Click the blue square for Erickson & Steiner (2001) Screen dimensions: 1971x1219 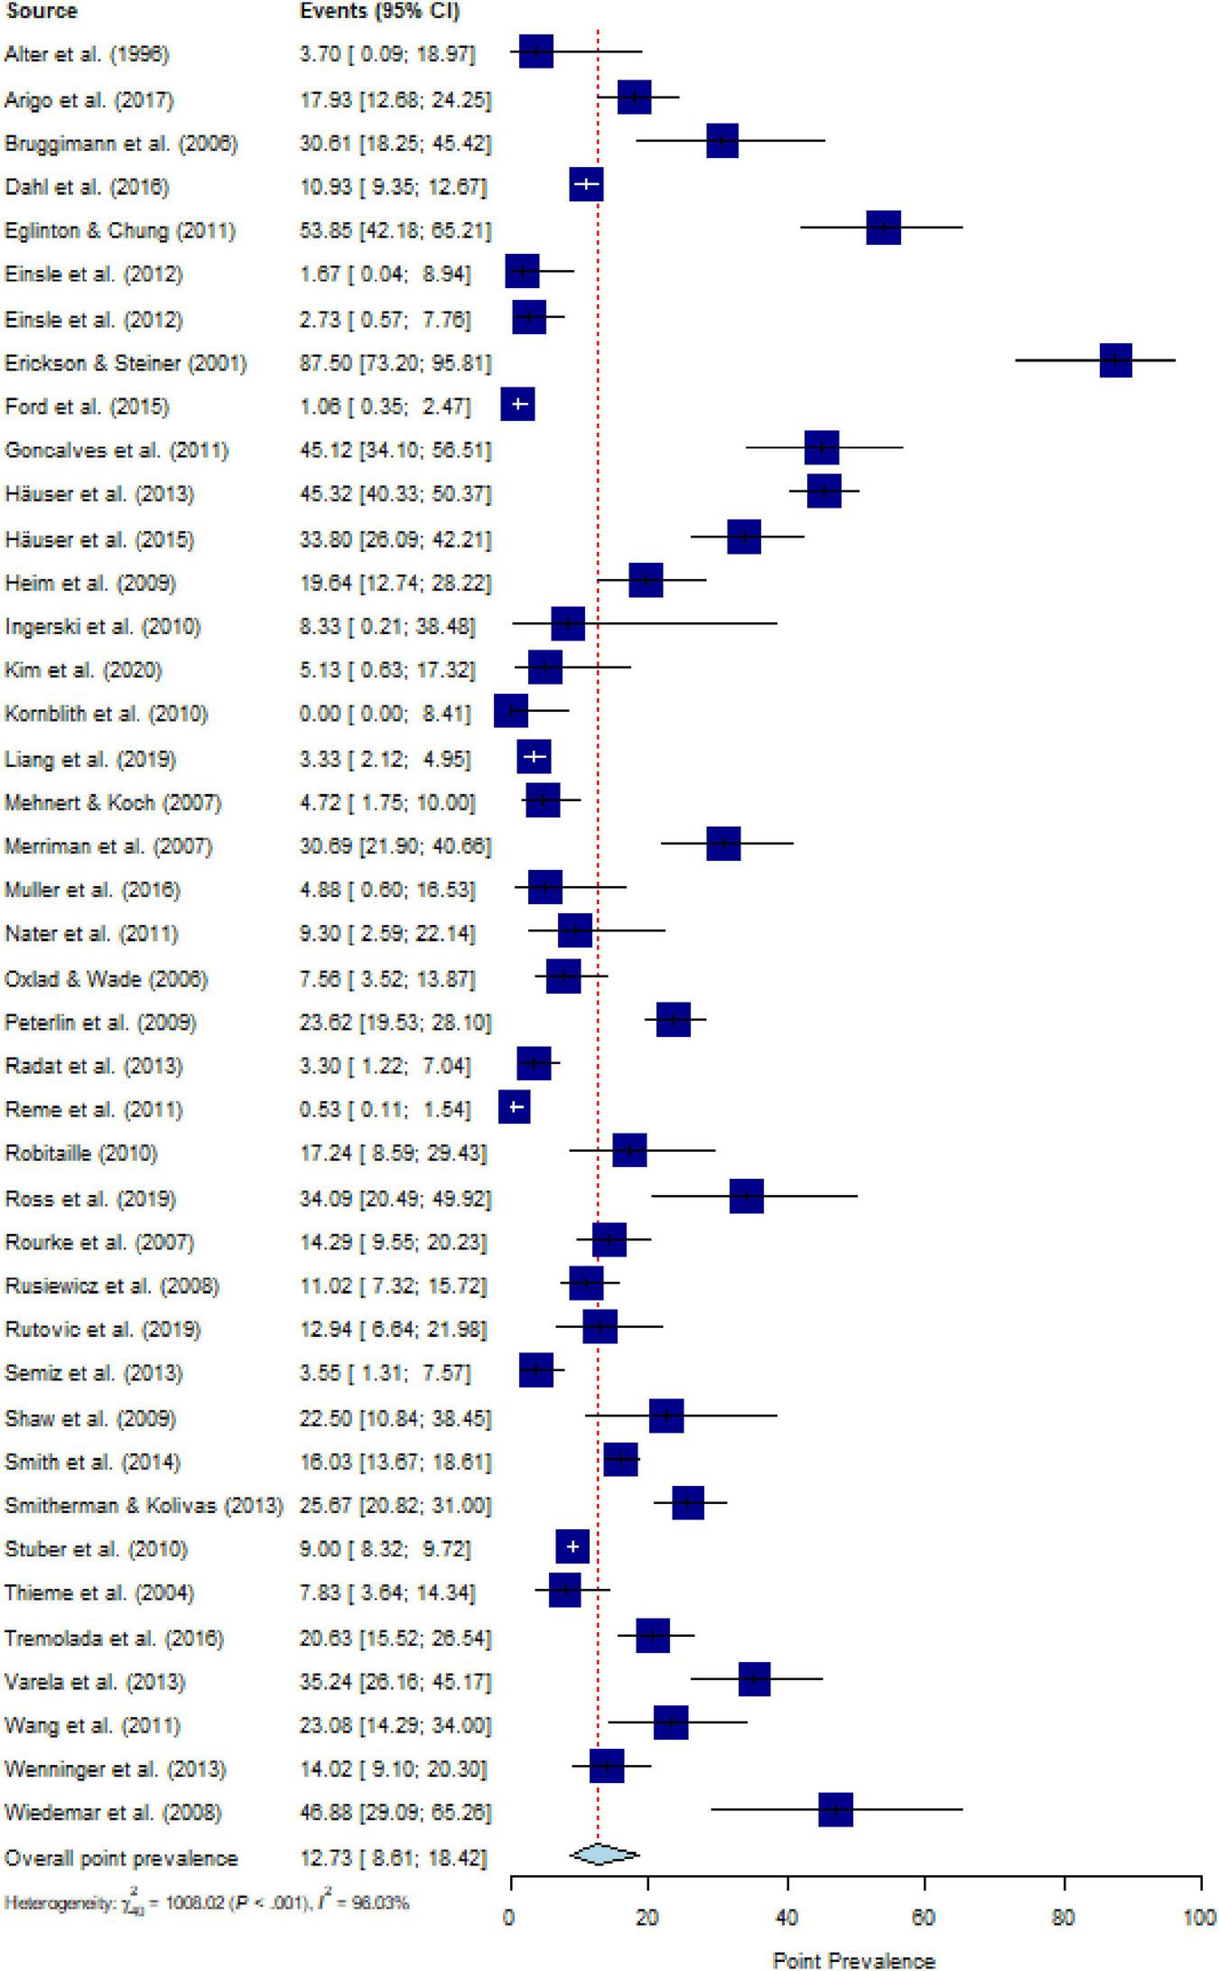pyautogui.click(x=1115, y=360)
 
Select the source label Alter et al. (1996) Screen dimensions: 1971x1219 pyautogui.click(x=87, y=54)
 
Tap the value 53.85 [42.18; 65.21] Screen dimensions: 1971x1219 pyautogui.click(x=395, y=230)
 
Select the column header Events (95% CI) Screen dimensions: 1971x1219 pyautogui.click(x=379, y=11)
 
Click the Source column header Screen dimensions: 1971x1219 pyautogui.click(x=41, y=11)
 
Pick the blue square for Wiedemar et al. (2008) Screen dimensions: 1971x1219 pyautogui.click(x=835, y=1810)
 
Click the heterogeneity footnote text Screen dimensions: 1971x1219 pyautogui.click(x=207, y=1902)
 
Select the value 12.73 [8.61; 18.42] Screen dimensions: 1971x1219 pyautogui.click(x=393, y=1858)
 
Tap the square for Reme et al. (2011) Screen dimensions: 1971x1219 pyautogui.click(x=515, y=1107)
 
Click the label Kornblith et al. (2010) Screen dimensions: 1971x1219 pyautogui.click(x=107, y=714)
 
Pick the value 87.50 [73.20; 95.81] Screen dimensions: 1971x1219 pyautogui.click(x=395, y=363)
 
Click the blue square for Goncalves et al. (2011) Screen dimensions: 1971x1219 pyautogui.click(x=822, y=447)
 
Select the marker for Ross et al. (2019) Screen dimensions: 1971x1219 pyautogui.click(x=746, y=1196)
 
